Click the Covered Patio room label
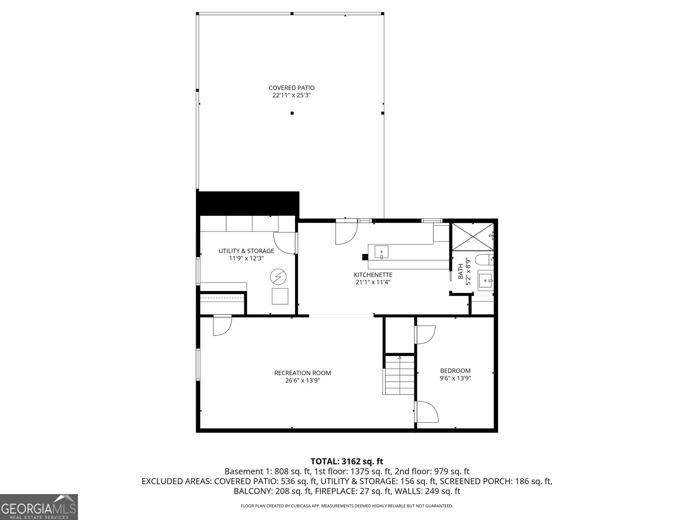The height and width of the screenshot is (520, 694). pyautogui.click(x=291, y=88)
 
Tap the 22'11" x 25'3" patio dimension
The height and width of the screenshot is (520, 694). pyautogui.click(x=291, y=95)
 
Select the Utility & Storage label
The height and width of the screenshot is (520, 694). pyautogui.click(x=246, y=251)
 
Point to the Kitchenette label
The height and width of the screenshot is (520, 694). pyautogui.click(x=373, y=275)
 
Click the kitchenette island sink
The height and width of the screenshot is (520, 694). pyautogui.click(x=381, y=252)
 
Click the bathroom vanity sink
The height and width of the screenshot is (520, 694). pyautogui.click(x=486, y=280)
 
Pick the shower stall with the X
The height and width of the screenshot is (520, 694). pyautogui.click(x=472, y=237)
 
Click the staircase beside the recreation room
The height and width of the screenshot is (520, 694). pyautogui.click(x=399, y=375)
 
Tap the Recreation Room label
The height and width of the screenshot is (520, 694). pyautogui.click(x=302, y=373)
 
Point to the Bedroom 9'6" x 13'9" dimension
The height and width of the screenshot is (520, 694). pyautogui.click(x=455, y=378)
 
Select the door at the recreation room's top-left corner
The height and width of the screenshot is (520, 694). pyautogui.click(x=222, y=326)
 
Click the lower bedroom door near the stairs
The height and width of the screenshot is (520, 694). pyautogui.click(x=426, y=412)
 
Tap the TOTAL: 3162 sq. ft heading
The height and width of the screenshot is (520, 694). pyautogui.click(x=347, y=461)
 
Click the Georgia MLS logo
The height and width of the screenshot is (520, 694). pyautogui.click(x=39, y=507)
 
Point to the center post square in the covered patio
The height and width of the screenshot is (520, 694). pyautogui.click(x=292, y=113)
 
